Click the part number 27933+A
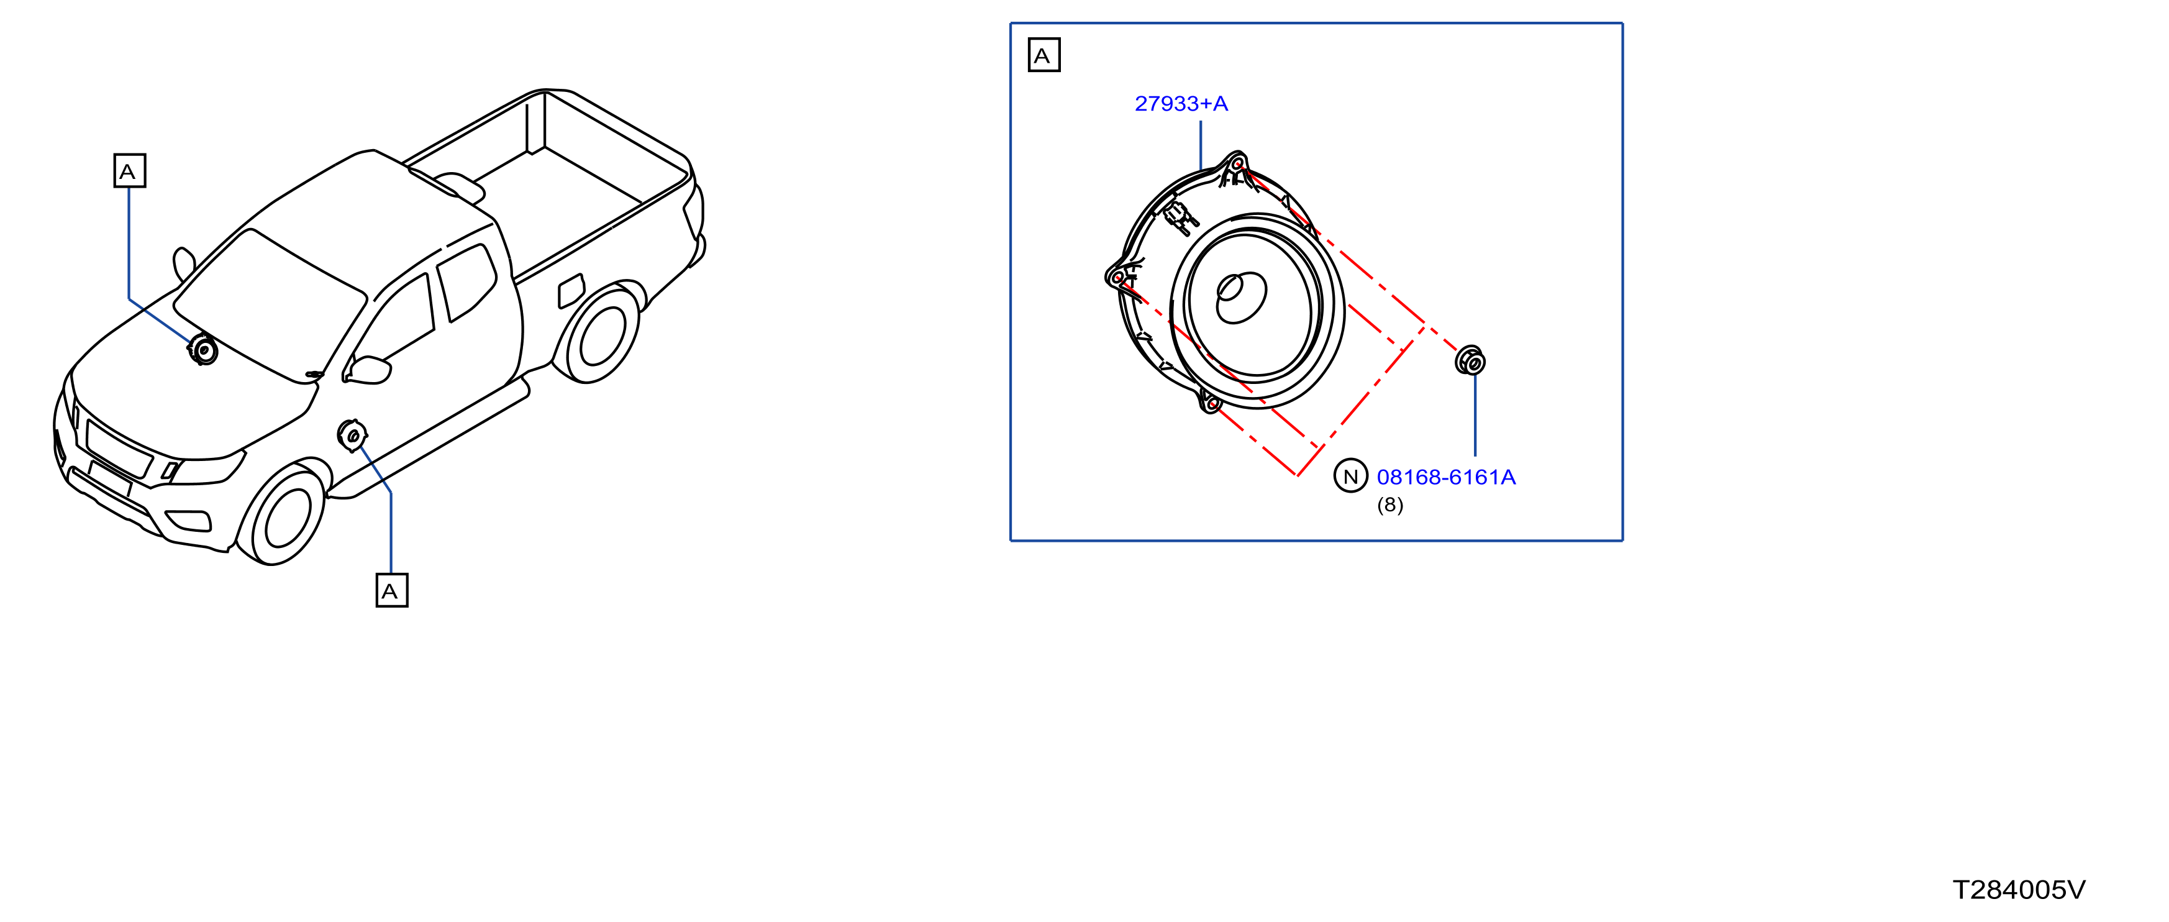click(1181, 104)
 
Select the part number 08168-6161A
click(1446, 477)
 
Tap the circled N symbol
click(1350, 477)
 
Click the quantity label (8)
click(1390, 505)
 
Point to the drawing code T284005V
click(2018, 890)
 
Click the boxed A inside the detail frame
click(1044, 55)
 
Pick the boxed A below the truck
click(391, 590)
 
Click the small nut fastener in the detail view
click(1470, 360)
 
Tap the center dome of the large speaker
click(1241, 297)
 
